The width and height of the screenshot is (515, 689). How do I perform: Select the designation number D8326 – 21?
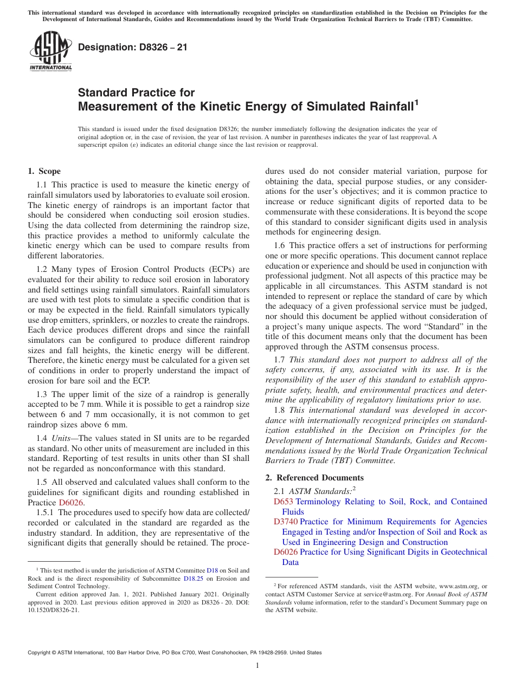pos(133,48)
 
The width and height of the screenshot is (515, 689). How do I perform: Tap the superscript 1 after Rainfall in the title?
pos(416,101)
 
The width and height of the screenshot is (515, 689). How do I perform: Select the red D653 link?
pos(284,502)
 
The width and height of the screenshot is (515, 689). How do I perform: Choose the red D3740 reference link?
pos(286,522)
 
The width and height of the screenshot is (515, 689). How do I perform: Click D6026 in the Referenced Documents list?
pos(286,552)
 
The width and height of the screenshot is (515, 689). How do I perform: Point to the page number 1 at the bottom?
pos(257,665)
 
